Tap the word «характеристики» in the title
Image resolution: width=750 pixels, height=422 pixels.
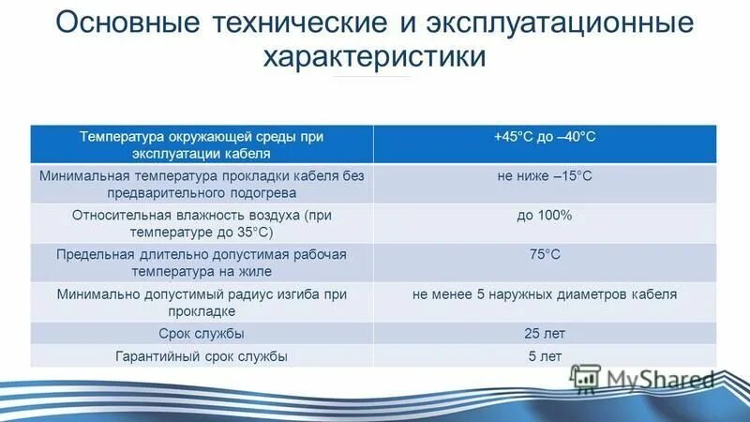tap(374, 58)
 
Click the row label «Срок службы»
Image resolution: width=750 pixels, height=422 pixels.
tap(202, 334)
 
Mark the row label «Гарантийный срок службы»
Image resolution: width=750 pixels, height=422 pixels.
tap(202, 356)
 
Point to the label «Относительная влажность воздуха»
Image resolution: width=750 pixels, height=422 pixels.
tap(202, 216)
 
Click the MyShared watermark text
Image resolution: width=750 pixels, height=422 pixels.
tap(660, 378)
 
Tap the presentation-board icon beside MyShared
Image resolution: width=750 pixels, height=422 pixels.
tap(586, 377)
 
